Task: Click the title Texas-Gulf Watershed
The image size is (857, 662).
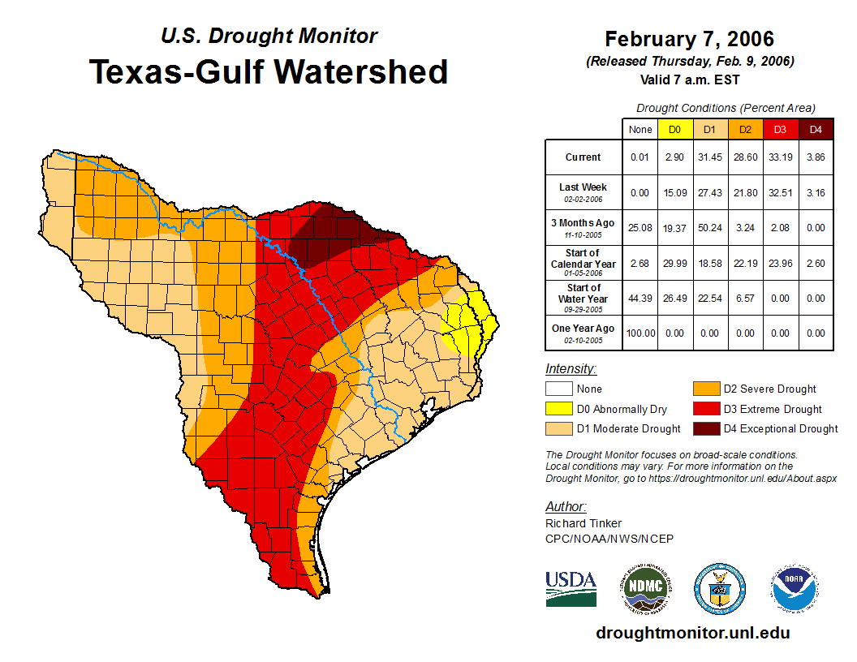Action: pyautogui.click(x=268, y=71)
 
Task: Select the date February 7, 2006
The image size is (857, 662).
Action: pyautogui.click(x=689, y=39)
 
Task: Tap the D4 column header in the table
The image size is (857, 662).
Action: pyautogui.click(x=816, y=129)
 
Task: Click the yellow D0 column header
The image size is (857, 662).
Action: pyautogui.click(x=674, y=129)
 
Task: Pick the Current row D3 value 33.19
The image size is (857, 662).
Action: pyautogui.click(x=781, y=157)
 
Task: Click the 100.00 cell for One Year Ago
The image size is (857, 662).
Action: pyautogui.click(x=640, y=333)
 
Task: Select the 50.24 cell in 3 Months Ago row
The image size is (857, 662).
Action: pyautogui.click(x=710, y=227)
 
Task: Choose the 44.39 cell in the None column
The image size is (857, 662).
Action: pyautogui.click(x=640, y=297)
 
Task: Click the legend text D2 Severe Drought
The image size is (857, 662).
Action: pyautogui.click(x=769, y=389)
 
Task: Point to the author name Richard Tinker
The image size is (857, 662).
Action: pyautogui.click(x=584, y=523)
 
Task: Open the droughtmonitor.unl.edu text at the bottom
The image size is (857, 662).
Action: pyautogui.click(x=692, y=633)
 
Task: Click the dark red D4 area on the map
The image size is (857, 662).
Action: pyautogui.click(x=325, y=231)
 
